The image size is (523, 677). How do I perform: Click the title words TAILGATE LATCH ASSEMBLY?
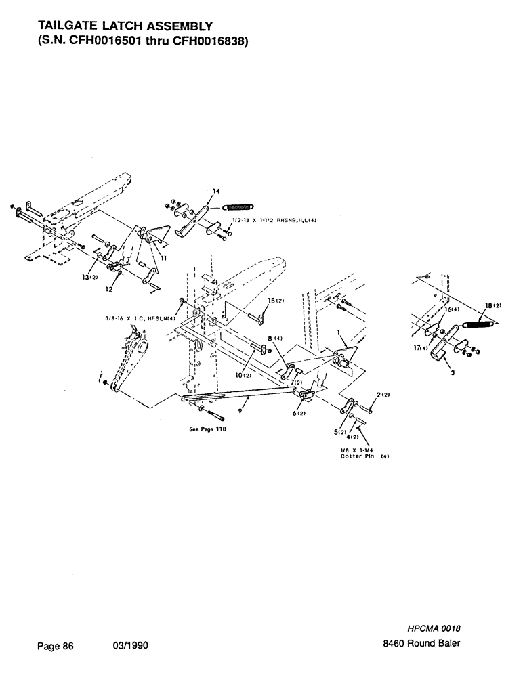coord(126,26)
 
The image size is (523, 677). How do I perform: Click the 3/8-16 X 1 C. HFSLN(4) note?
coord(140,318)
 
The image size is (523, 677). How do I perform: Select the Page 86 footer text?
coord(54,646)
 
